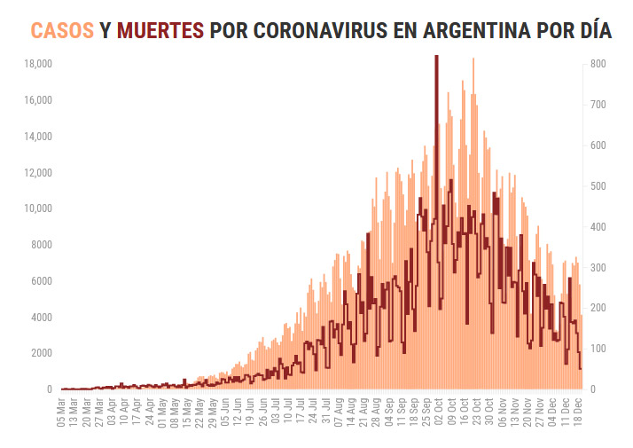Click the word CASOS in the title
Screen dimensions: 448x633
pos(62,30)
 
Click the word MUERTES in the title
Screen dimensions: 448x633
pos(160,30)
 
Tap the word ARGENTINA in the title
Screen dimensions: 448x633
pos(430,30)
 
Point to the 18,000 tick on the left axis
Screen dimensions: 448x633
pos(38,64)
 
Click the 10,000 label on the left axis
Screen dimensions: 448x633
pos(38,208)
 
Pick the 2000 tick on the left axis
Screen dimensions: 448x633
pos(41,353)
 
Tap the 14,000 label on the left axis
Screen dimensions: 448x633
pos(38,137)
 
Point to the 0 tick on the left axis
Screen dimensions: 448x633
pos(50,389)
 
